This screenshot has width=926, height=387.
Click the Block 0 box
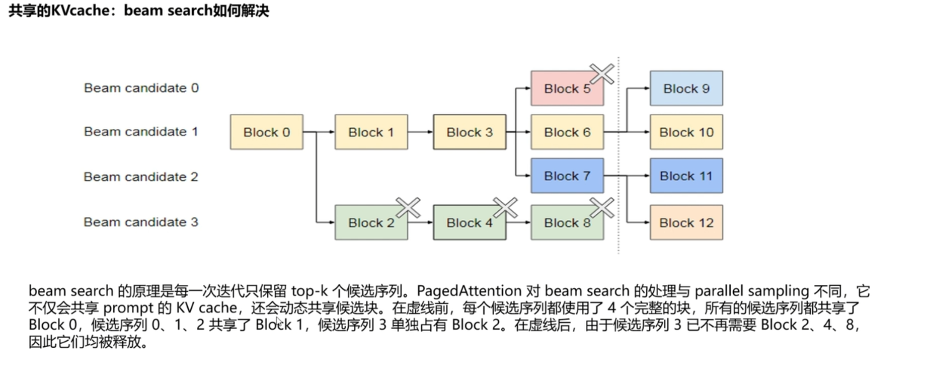point(266,132)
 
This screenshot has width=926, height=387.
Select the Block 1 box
point(371,132)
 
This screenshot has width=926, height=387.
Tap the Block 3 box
point(469,132)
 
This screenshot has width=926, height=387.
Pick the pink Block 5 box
point(567,89)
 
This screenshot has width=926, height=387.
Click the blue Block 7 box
point(567,176)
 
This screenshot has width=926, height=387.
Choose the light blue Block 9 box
point(686,89)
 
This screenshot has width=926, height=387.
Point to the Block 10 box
point(686,132)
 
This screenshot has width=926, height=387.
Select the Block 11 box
point(686,176)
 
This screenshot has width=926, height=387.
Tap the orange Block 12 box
point(686,222)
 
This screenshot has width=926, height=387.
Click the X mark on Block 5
point(602,74)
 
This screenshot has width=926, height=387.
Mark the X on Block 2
point(408,207)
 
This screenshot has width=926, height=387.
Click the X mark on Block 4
point(505,207)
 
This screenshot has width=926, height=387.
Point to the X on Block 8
point(602,207)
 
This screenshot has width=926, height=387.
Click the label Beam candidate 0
point(141,88)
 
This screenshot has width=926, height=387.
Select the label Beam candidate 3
point(141,222)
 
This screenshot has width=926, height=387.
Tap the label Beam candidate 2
point(141,177)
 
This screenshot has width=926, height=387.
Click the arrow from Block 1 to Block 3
point(420,132)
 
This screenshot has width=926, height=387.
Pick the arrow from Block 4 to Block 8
point(518,222)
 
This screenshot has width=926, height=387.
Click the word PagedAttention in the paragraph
point(469,291)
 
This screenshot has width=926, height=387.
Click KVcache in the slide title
point(84,10)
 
